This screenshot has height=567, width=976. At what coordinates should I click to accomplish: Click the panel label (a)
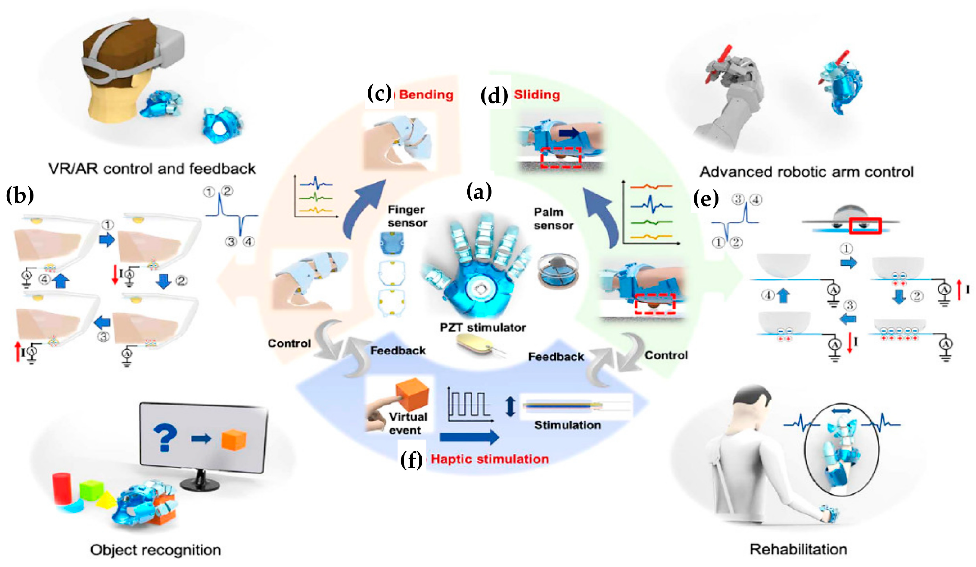point(479,192)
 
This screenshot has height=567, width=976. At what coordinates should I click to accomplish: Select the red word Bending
point(426,94)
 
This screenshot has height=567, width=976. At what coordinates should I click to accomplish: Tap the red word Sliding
point(537,94)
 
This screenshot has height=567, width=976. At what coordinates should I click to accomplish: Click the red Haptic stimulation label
point(490,459)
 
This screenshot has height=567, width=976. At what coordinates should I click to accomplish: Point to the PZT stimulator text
point(483,327)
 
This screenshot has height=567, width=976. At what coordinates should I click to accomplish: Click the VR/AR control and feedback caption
point(152,169)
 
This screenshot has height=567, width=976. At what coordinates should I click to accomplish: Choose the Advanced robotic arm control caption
point(807,172)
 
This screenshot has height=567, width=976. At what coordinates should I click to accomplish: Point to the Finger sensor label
point(407,216)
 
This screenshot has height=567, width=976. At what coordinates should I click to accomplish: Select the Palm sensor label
point(553,219)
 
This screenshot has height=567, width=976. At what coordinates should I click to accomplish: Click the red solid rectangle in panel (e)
point(865,226)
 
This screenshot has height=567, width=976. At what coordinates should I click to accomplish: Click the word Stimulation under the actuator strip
point(567,425)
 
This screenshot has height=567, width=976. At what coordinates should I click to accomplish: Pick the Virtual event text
point(407,423)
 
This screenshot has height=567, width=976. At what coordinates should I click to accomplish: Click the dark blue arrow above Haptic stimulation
point(469,437)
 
